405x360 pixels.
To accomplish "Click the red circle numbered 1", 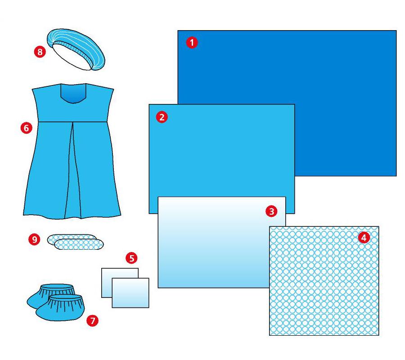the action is tap(192, 42).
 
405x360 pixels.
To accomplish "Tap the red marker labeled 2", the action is tap(162, 117).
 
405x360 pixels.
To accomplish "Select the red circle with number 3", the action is tap(271, 211).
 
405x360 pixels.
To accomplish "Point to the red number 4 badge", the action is tap(364, 237).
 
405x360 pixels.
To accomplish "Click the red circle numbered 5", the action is tap(131, 258).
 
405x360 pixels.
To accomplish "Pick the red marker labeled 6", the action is tap(27, 128).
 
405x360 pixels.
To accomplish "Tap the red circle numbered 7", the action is tap(92, 321).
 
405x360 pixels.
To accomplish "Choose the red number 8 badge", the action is tap(40, 52).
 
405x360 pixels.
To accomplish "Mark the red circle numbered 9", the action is tap(34, 239).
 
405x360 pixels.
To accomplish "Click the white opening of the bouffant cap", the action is tap(71, 57).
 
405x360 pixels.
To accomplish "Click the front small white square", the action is tap(130, 293).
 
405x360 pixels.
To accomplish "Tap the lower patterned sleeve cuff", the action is tap(79, 244).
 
